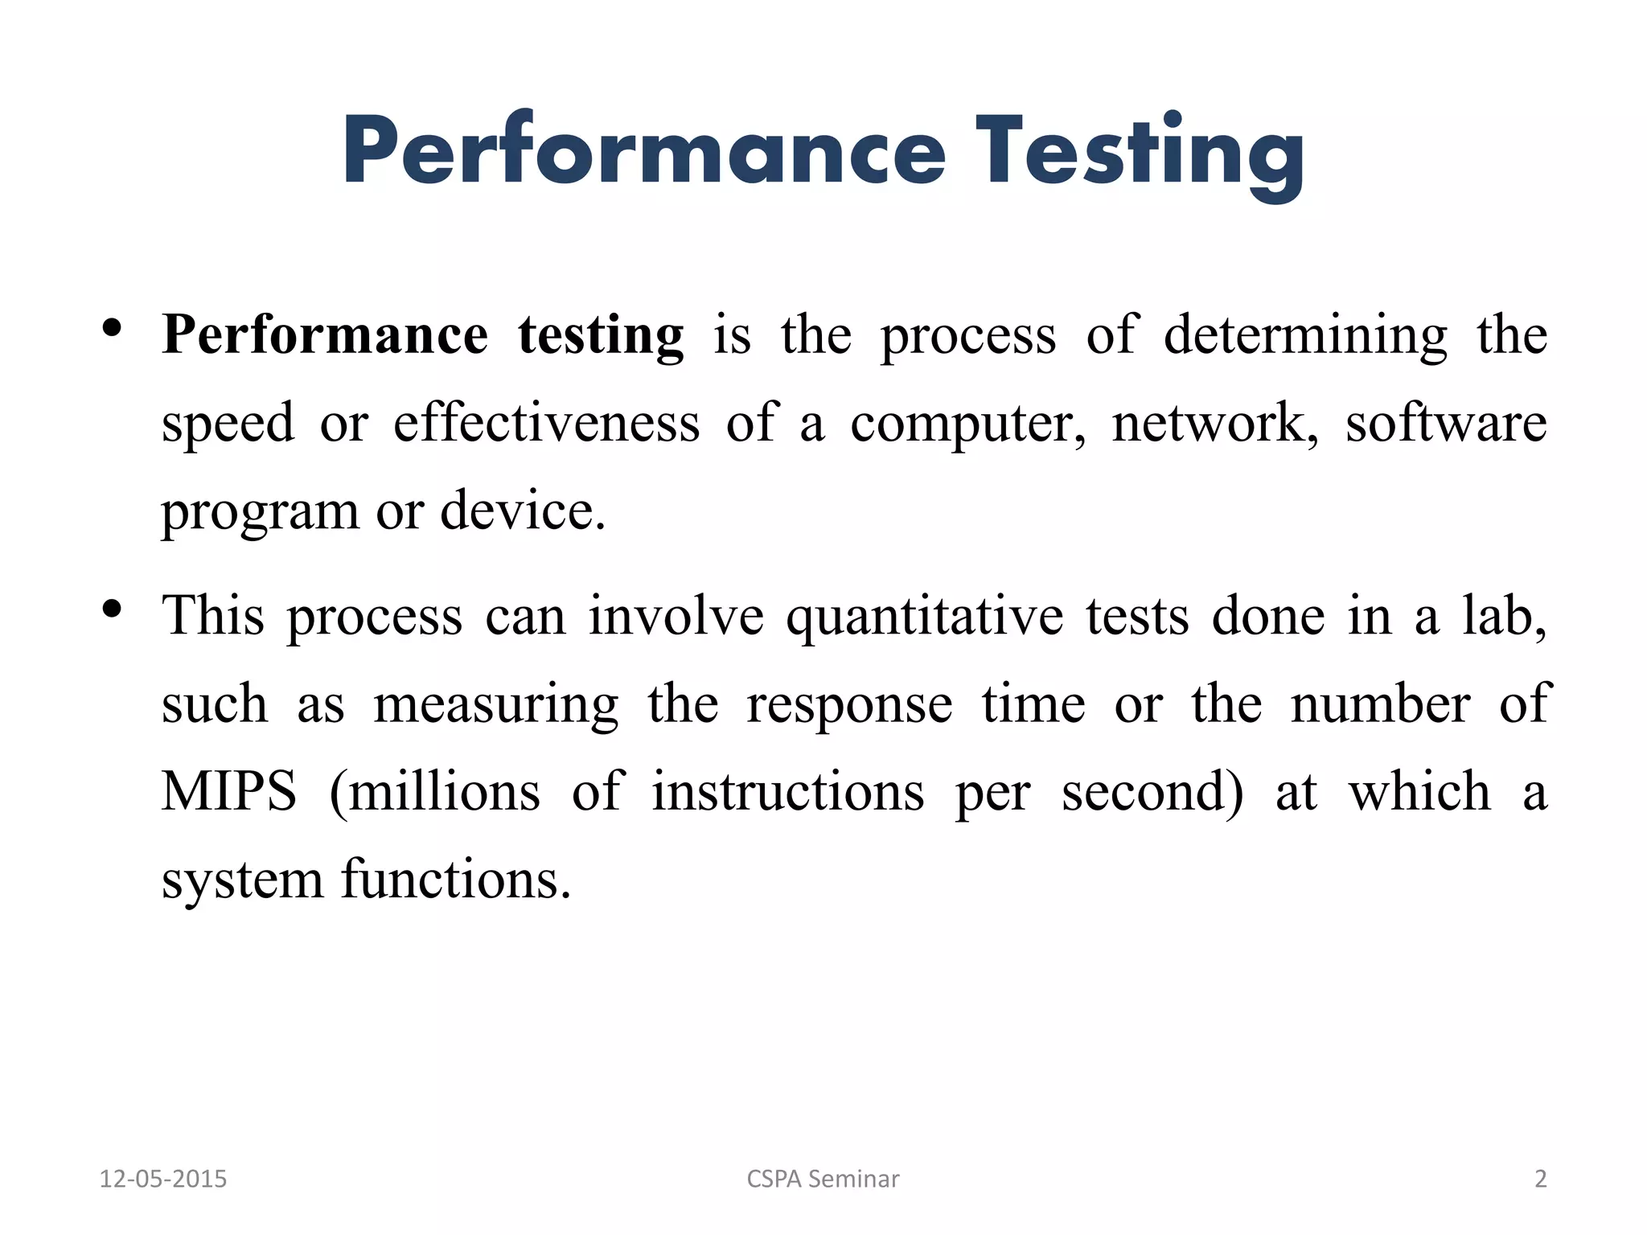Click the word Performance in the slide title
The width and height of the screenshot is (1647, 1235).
(644, 153)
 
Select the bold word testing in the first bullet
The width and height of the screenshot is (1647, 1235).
(601, 335)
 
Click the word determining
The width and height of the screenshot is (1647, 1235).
(1305, 335)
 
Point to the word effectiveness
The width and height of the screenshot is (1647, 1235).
(546, 423)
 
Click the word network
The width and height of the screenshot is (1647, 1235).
(1214, 423)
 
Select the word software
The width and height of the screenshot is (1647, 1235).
(1446, 423)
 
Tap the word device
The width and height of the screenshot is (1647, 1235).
(522, 511)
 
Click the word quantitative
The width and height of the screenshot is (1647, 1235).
(924, 617)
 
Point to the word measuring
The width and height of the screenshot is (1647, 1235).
(496, 705)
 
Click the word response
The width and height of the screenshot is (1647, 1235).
(849, 705)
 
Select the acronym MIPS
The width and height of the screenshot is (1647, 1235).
(229, 791)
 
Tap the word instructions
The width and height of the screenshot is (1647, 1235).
(787, 791)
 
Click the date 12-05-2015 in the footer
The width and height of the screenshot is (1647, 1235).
(163, 1179)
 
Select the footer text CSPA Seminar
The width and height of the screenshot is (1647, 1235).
(823, 1179)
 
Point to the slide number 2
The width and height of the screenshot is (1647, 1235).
(1540, 1179)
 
